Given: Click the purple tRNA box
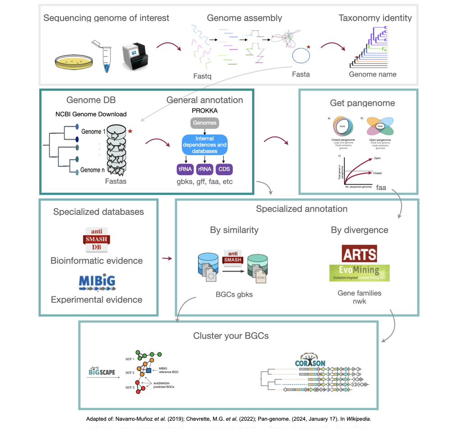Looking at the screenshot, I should [184, 170].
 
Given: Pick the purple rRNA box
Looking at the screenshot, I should [204, 170].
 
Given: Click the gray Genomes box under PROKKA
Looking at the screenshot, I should [204, 123].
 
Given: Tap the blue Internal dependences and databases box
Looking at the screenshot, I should [204, 145].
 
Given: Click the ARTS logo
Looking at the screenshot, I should [360, 254].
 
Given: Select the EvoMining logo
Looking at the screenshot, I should [360, 273].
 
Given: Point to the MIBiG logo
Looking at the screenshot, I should [97, 282].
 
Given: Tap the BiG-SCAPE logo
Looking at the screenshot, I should [100, 372].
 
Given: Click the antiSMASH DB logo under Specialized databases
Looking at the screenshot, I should [97, 239].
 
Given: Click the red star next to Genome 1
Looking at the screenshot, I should [130, 131].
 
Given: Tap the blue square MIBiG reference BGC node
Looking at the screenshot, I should [148, 370].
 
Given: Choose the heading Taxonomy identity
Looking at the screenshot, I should [375, 18].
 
